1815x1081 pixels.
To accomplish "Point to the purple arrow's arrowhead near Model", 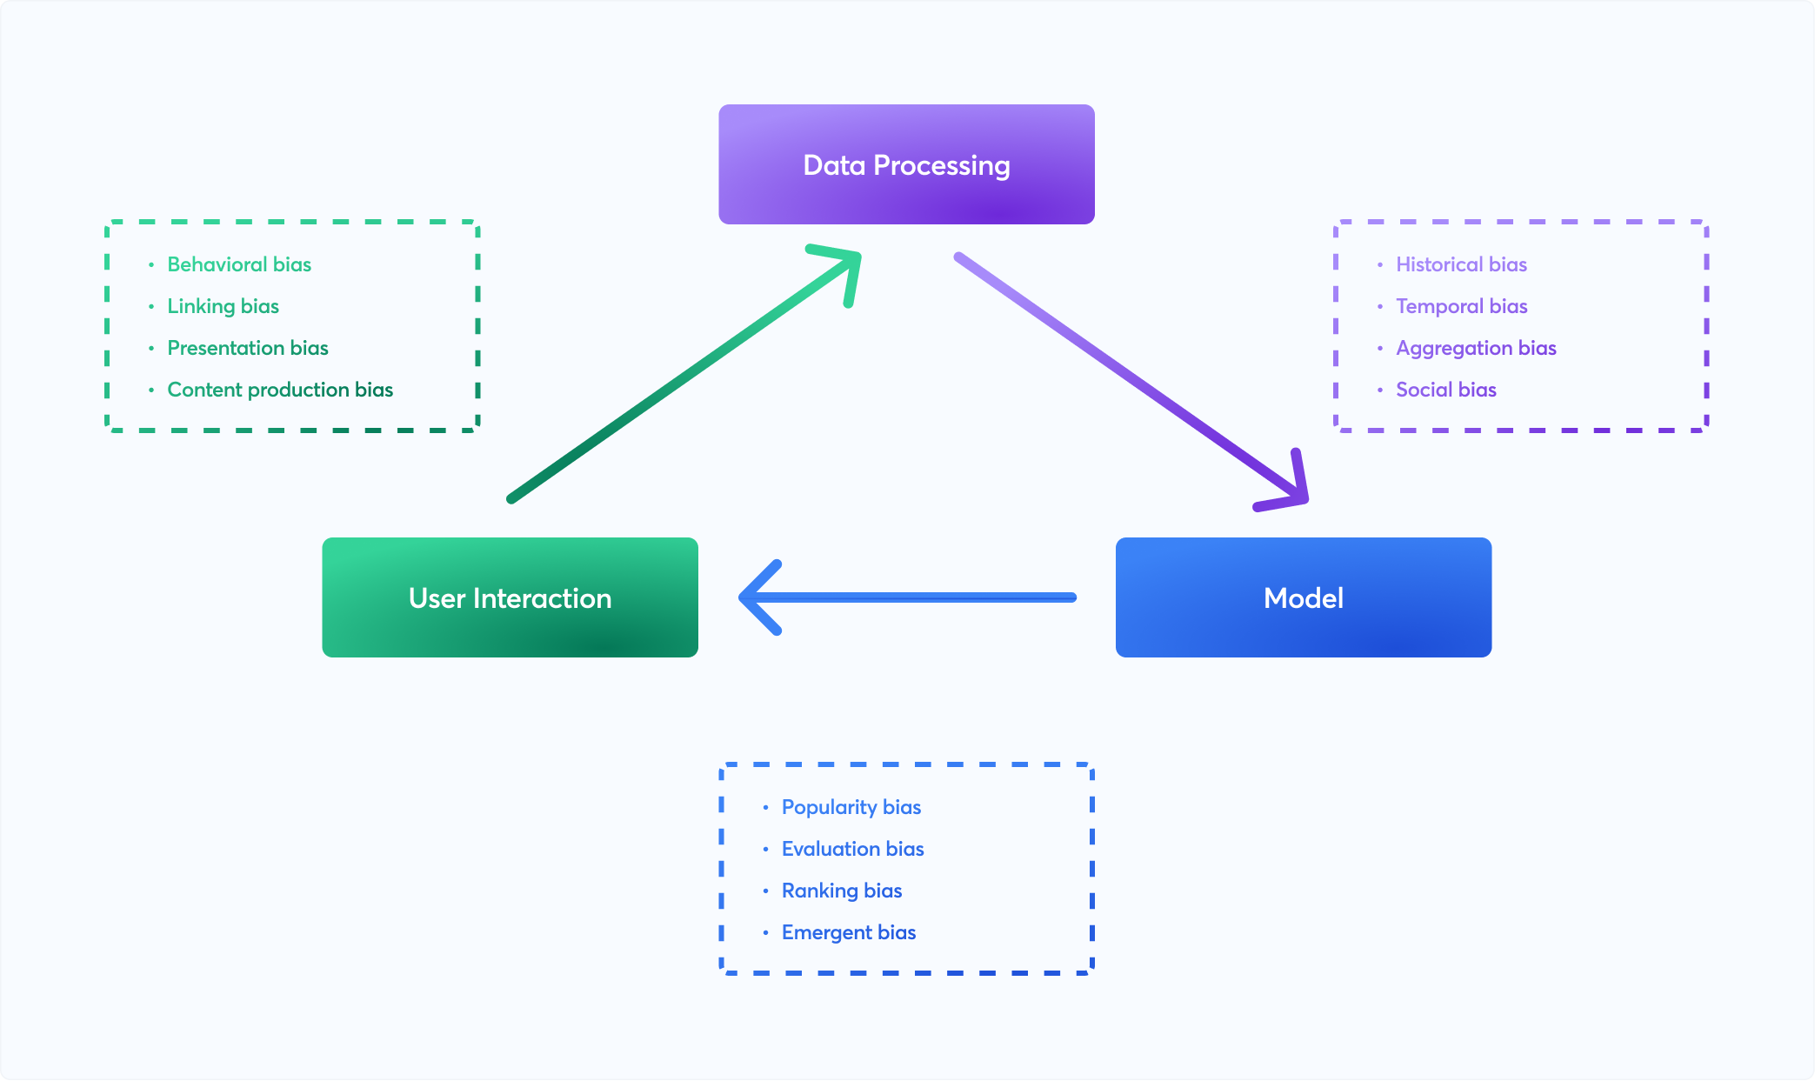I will [x=1294, y=492].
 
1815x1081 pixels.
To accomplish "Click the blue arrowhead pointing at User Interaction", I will [x=752, y=597].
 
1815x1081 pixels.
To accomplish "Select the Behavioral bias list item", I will [x=239, y=264].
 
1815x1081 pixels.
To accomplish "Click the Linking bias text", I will [x=223, y=306].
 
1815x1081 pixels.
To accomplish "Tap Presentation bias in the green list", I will [x=248, y=348].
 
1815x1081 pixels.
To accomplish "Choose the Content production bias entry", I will [x=280, y=390].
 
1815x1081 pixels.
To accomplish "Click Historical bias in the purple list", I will [x=1461, y=264].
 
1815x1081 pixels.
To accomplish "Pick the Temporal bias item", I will [x=1461, y=306].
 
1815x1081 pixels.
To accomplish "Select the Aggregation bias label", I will [x=1476, y=348].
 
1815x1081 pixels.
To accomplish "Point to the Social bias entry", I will [x=1445, y=390].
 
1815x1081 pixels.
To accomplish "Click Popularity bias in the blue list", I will [x=851, y=807].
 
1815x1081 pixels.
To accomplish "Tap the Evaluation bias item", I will [x=852, y=849].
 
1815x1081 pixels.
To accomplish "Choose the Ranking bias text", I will [x=841, y=891].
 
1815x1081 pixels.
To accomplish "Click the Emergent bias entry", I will [x=848, y=932].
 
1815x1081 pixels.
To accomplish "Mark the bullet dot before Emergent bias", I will [x=765, y=932].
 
